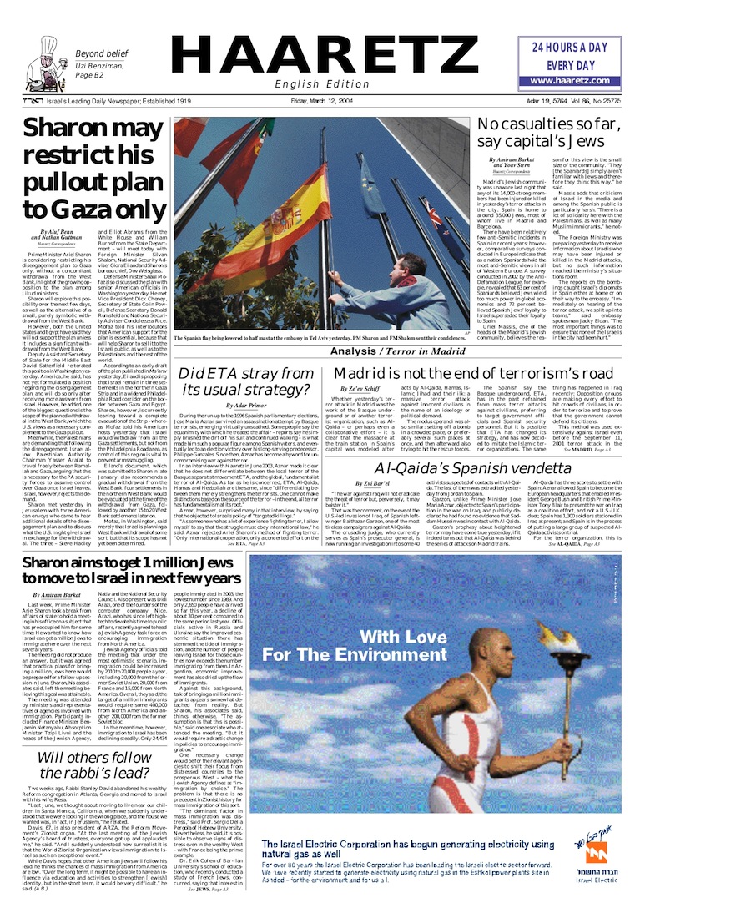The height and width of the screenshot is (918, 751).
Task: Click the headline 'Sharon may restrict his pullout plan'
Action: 93,168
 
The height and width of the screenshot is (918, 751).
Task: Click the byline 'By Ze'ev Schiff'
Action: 360,389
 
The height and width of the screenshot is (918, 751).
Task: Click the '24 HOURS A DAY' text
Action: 569,48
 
